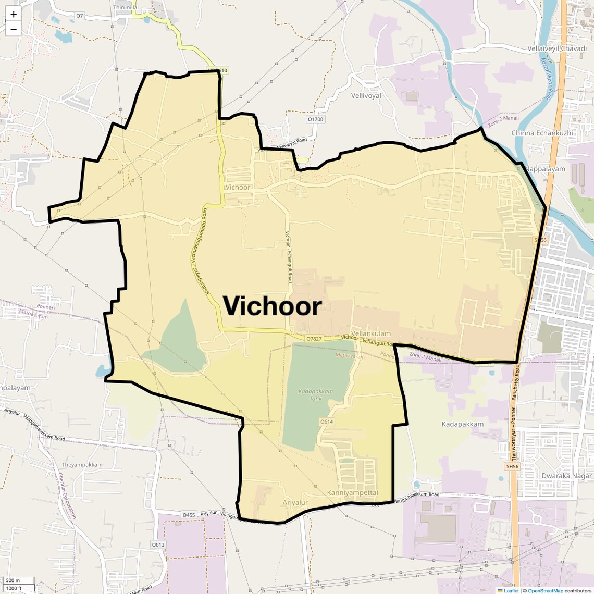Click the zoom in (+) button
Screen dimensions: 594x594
pos(14,15)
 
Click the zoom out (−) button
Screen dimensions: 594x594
pos(14,29)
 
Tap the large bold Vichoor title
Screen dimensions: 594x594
pos(273,306)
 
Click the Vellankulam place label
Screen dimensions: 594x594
pos(370,333)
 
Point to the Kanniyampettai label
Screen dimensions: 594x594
pos(352,492)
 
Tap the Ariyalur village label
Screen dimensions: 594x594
pos(295,503)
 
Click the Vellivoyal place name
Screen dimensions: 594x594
pos(366,96)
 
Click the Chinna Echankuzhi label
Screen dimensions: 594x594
pos(542,133)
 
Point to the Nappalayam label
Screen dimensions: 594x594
pos(545,169)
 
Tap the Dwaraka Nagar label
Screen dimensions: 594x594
pos(566,476)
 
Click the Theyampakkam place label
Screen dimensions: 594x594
pos(82,465)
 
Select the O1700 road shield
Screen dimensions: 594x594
pos(315,119)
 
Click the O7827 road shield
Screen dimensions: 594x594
pos(314,339)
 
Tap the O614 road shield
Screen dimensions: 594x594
pos(326,422)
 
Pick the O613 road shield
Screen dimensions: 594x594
pos(158,544)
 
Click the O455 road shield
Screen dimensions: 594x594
pos(189,515)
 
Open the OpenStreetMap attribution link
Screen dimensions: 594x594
pos(545,590)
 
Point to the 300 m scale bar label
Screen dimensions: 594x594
pos(13,580)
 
